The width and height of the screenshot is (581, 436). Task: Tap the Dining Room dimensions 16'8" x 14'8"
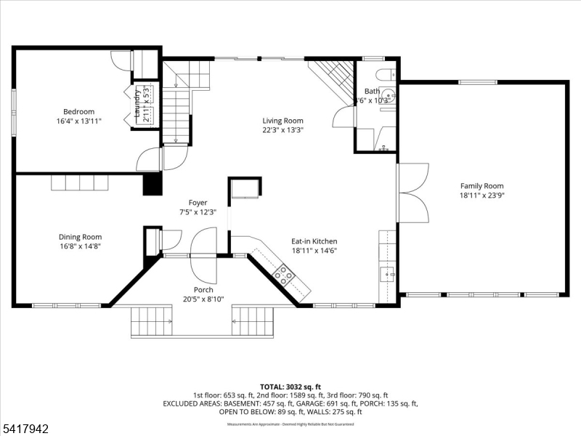click(80, 246)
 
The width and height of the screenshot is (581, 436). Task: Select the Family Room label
click(482, 186)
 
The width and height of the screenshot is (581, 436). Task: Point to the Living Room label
click(283, 121)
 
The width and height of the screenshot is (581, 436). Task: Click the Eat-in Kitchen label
click(314, 241)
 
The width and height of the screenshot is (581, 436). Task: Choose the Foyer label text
click(198, 203)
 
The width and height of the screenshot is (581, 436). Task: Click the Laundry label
click(137, 104)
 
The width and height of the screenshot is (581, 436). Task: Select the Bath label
click(372, 91)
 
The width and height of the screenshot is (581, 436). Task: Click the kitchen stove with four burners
click(283, 275)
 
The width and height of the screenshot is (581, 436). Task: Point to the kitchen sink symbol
click(388, 274)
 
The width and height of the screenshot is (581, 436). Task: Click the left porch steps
click(152, 321)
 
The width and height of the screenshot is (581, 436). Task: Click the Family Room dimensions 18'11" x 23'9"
click(482, 195)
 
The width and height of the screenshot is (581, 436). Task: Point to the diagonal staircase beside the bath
click(333, 76)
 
